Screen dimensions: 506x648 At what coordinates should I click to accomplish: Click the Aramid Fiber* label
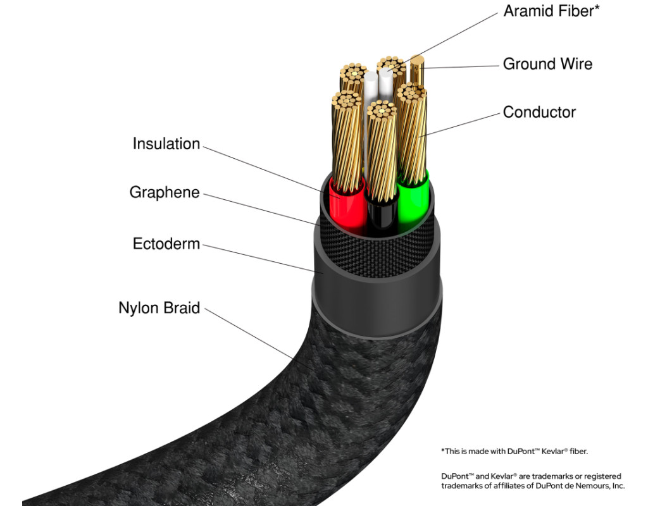(x=551, y=11)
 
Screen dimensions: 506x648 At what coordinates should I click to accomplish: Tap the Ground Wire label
(x=547, y=64)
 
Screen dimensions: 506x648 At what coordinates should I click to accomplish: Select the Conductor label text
(x=539, y=113)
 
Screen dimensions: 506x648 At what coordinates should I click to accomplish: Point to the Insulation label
(x=166, y=144)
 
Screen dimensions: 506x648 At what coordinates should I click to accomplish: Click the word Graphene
(x=165, y=192)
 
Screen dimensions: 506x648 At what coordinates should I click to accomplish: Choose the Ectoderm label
(x=166, y=244)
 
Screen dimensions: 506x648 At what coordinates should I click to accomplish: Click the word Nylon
(x=139, y=309)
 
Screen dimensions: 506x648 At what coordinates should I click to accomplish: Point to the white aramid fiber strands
(x=372, y=89)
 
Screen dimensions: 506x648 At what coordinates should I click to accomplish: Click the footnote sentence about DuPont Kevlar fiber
(x=518, y=451)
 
